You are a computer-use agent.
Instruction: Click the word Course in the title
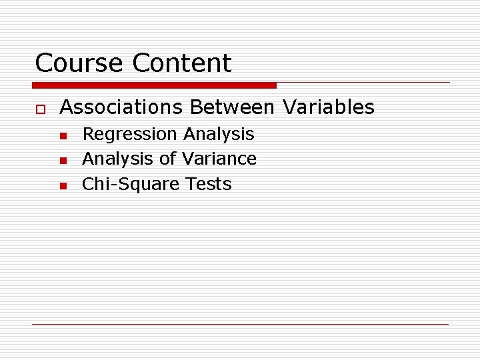click(x=80, y=63)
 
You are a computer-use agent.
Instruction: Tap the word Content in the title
click(x=182, y=63)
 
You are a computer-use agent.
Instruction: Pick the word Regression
click(x=130, y=135)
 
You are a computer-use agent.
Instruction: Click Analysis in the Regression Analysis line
click(x=219, y=134)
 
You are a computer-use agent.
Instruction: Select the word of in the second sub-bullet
click(x=167, y=159)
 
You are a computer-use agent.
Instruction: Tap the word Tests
click(x=209, y=184)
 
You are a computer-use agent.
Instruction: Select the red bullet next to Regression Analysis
click(x=62, y=136)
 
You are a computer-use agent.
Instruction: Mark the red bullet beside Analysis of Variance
click(x=62, y=161)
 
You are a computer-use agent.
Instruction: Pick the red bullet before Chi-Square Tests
click(x=62, y=186)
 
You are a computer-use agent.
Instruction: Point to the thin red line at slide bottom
click(x=240, y=324)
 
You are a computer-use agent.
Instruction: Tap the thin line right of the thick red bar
click(x=363, y=83)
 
